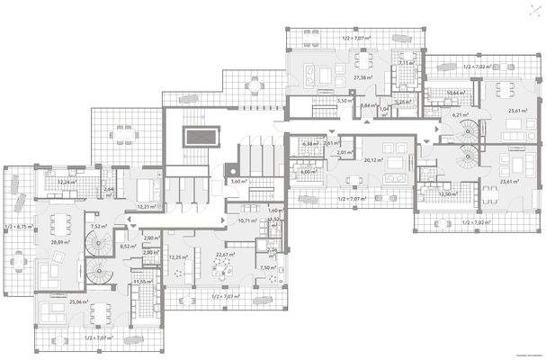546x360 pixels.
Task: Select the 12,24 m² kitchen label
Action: pos(66,183)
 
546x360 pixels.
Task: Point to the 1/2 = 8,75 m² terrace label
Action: pos(19,227)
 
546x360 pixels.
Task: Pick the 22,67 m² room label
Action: pos(225,255)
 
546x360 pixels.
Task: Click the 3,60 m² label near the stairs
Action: pos(238,182)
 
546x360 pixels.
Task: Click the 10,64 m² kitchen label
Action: pos(455,93)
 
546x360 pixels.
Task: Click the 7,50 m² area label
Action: pos(266,268)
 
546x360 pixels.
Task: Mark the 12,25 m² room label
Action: pos(178,257)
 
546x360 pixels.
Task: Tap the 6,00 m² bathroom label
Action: pos(308,172)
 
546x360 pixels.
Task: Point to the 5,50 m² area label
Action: pos(343,102)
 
